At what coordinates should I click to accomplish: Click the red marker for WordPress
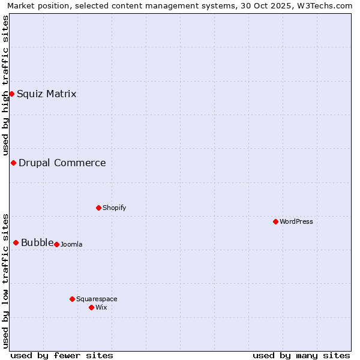pyautogui.click(x=275, y=221)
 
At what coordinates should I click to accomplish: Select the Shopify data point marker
pyautogui.click(x=98, y=208)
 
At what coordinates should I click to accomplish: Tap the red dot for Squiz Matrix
pyautogui.click(x=11, y=94)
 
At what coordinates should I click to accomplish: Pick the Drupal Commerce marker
pyautogui.click(x=13, y=163)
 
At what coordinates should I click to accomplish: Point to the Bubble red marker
pyautogui.click(x=16, y=242)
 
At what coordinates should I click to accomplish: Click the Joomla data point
pyautogui.click(x=56, y=244)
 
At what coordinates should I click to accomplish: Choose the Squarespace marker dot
pyautogui.click(x=72, y=299)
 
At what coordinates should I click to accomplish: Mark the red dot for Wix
pyautogui.click(x=91, y=307)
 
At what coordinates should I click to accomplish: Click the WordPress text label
pyautogui.click(x=296, y=221)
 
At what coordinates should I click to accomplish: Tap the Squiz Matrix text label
pyautogui.click(x=47, y=94)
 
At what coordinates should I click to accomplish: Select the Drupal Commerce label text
pyautogui.click(x=62, y=163)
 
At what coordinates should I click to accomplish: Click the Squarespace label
pyautogui.click(x=97, y=299)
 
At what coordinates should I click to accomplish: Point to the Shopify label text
pyautogui.click(x=114, y=208)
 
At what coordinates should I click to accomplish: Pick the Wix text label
pyautogui.click(x=101, y=307)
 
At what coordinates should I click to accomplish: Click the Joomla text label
pyautogui.click(x=71, y=244)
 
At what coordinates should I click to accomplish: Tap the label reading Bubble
pyautogui.click(x=37, y=242)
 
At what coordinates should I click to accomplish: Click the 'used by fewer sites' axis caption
pyautogui.click(x=62, y=355)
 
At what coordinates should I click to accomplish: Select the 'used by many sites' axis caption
pyautogui.click(x=301, y=355)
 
